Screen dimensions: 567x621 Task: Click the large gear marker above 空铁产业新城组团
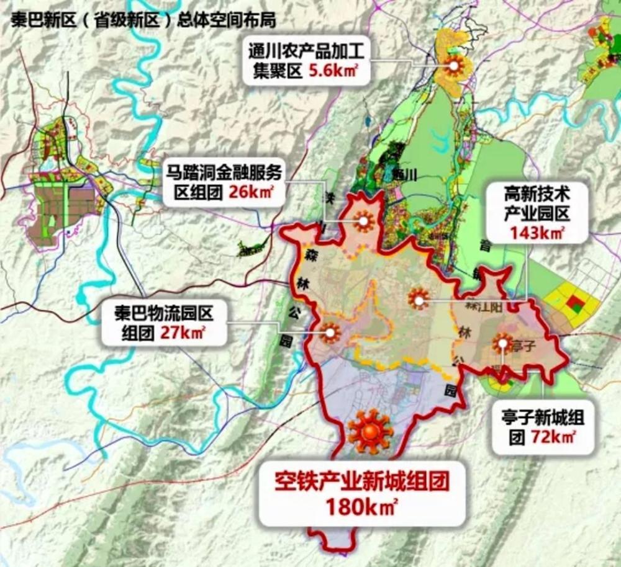pyautogui.click(x=370, y=429)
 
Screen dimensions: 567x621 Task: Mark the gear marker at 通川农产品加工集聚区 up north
pyautogui.click(x=453, y=64)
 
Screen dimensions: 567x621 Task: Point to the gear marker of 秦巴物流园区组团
pyautogui.click(x=330, y=333)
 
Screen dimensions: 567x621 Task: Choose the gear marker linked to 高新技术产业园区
pyautogui.click(x=419, y=298)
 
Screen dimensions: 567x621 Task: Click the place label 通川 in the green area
pyautogui.click(x=404, y=174)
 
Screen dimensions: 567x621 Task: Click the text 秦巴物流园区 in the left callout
pyautogui.click(x=165, y=312)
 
